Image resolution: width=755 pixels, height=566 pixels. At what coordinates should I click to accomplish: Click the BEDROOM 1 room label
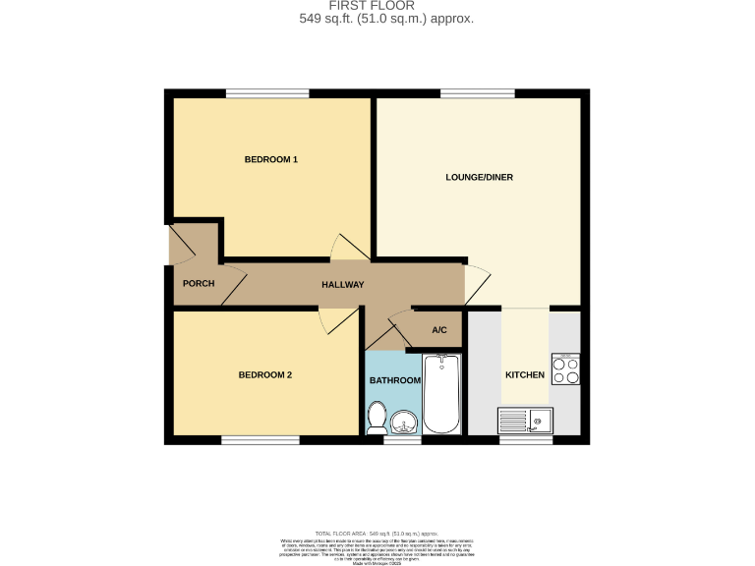point(270,159)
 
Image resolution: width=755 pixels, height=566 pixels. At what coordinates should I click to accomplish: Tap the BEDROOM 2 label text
point(264,374)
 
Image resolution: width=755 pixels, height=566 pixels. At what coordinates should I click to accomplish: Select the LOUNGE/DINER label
point(479,177)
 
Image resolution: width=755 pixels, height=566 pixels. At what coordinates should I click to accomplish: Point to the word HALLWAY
point(343,285)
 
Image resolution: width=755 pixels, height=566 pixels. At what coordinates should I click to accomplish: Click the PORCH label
point(199,284)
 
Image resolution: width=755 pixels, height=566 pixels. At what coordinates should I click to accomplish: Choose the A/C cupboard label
point(439,330)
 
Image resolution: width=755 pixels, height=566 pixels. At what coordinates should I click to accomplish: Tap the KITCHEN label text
point(524,375)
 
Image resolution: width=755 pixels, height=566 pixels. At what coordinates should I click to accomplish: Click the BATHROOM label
point(394,379)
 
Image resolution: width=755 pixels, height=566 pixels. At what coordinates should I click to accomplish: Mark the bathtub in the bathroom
point(441,394)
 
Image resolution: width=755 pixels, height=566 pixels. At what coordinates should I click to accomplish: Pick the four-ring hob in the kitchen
point(565,369)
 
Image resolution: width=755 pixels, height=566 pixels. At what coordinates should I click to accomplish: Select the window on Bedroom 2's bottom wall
point(260,440)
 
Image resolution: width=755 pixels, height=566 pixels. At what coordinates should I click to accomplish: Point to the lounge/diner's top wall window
point(468,93)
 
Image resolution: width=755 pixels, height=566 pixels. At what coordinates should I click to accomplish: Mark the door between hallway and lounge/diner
point(476,285)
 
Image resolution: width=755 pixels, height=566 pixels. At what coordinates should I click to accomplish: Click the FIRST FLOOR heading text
point(386,6)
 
